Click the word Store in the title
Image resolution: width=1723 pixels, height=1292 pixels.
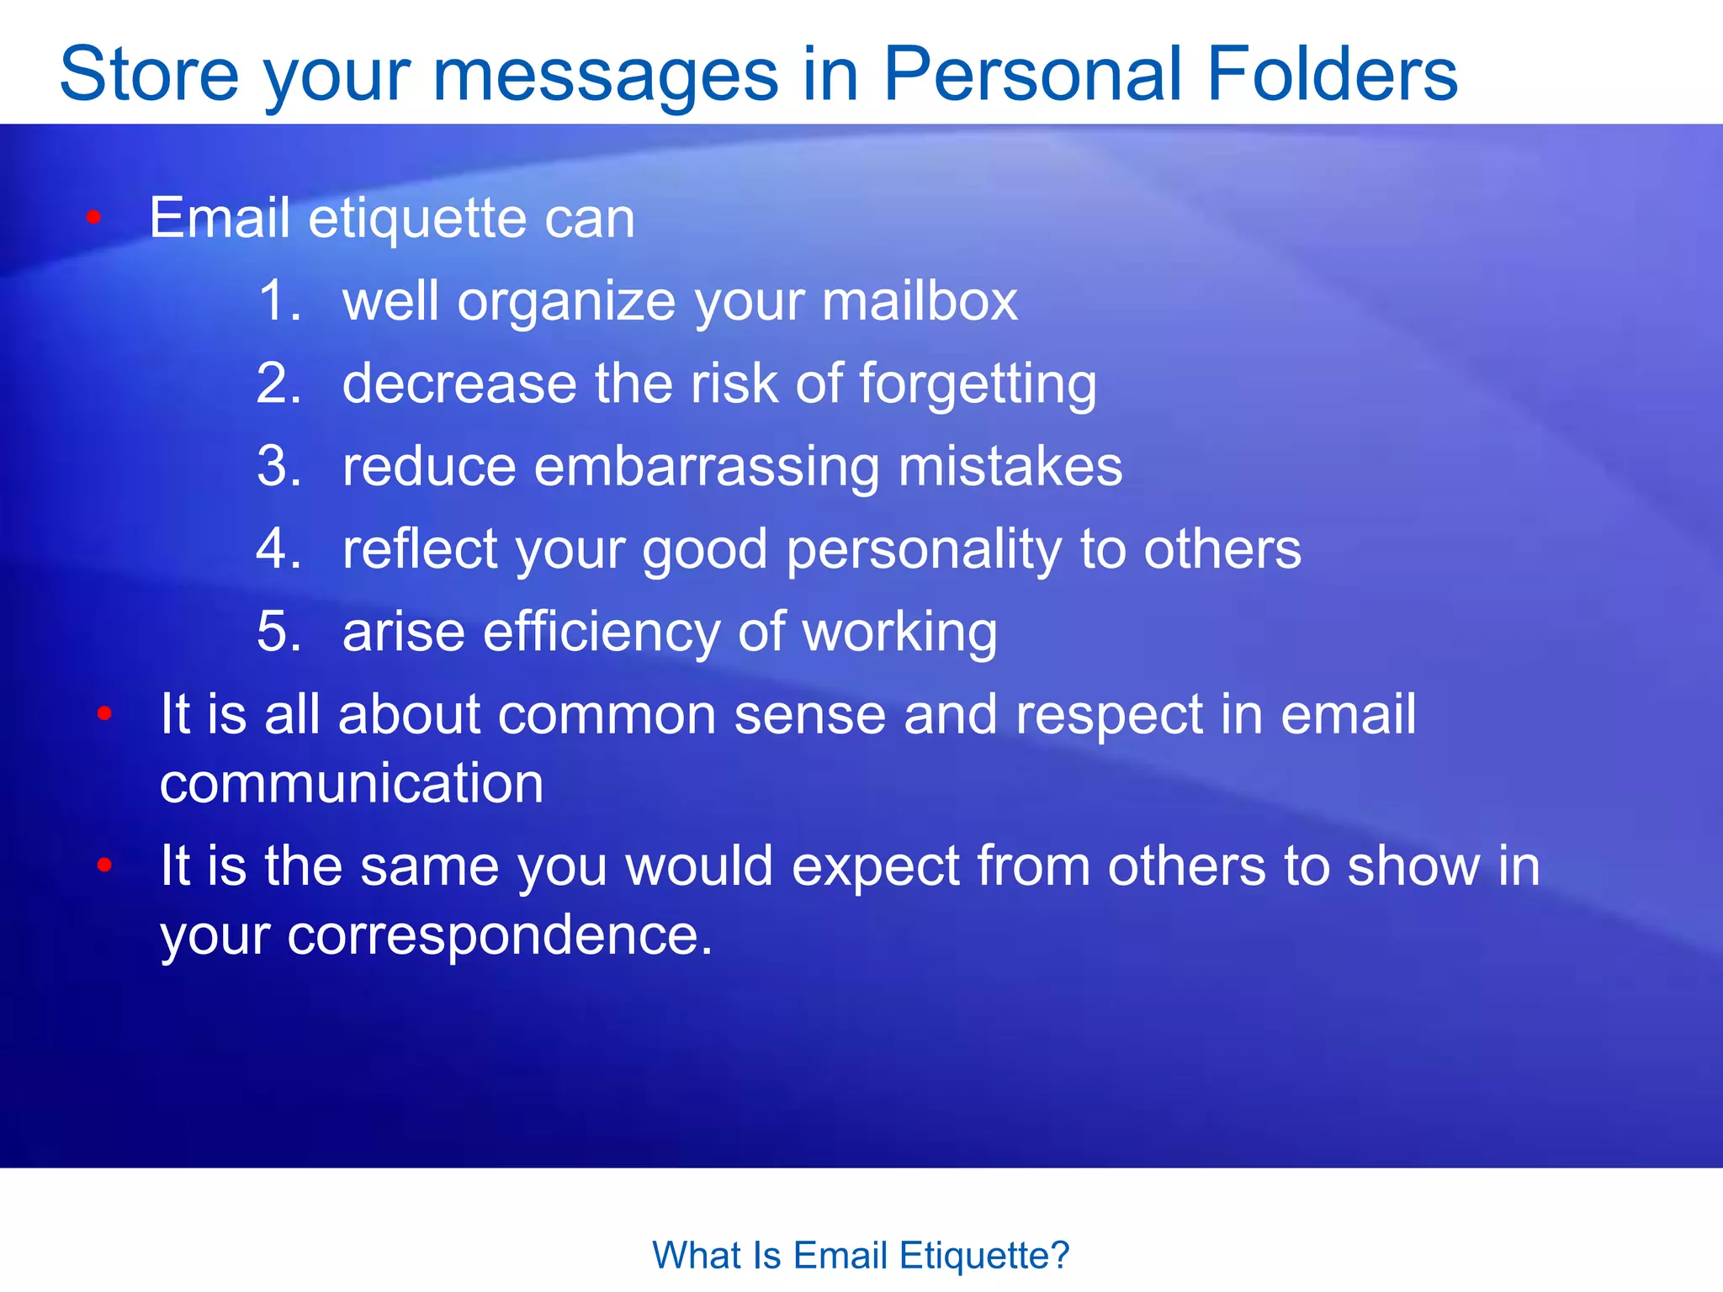coord(149,74)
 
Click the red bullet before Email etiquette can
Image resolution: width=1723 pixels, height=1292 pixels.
coord(93,219)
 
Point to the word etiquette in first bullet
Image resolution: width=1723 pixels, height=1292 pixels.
coord(417,219)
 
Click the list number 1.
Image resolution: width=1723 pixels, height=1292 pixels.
coord(278,300)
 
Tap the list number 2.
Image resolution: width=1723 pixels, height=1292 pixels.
coord(278,383)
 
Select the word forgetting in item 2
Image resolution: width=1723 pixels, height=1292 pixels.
coord(978,384)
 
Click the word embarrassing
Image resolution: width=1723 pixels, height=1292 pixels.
coord(707,467)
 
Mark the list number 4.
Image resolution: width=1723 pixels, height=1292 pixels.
coord(278,548)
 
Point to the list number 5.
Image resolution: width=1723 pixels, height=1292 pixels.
coord(278,631)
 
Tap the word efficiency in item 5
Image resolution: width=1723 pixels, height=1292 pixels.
coord(601,633)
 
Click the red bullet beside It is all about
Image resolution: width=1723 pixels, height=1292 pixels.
coord(104,714)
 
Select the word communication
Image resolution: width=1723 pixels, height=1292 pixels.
coord(352,784)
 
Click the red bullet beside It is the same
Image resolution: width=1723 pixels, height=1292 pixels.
coord(104,865)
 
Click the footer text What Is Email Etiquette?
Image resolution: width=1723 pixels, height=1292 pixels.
coord(861,1255)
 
